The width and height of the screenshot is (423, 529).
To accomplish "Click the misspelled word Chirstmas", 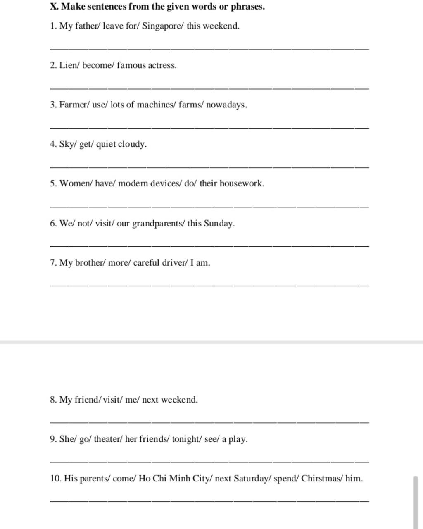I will pos(321,479).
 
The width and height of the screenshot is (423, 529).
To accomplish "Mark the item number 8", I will pos(52,400).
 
